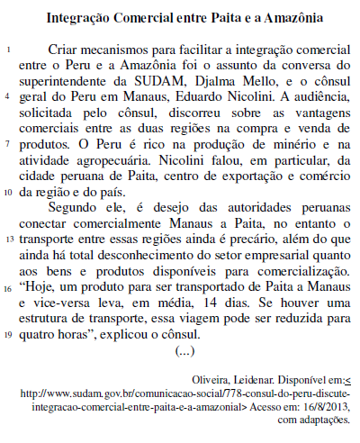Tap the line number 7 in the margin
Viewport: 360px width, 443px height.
pos(8,144)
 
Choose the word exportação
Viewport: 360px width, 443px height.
pos(238,176)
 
